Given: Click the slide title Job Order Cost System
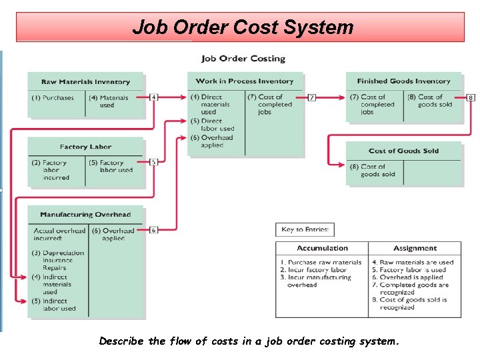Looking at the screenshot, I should tap(243, 27).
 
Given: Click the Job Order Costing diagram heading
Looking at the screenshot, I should tap(243, 59).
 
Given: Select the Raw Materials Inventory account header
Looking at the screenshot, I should tap(85, 82).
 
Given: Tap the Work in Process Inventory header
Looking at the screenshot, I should tap(245, 81).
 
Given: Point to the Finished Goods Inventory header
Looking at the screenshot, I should tap(403, 81).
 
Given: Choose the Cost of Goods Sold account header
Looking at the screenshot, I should tap(403, 151).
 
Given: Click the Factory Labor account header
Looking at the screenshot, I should tap(85, 147).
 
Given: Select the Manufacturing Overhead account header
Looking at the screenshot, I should tap(85, 215).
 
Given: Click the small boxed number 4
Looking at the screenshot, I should tap(154, 97).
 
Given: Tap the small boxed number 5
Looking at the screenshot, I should tap(154, 162).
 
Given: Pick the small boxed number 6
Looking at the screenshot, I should tap(154, 230).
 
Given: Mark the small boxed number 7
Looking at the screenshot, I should tap(312, 97).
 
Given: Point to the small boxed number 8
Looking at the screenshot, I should tap(471, 97).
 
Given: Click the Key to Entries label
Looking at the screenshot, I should tap(305, 229).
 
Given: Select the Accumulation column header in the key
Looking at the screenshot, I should tap(322, 248).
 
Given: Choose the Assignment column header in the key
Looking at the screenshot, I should tap(415, 248).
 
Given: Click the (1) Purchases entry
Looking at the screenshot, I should tap(53, 98).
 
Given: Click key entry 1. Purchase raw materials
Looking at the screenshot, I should tap(321, 263).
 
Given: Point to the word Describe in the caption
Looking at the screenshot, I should tap(121, 341).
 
